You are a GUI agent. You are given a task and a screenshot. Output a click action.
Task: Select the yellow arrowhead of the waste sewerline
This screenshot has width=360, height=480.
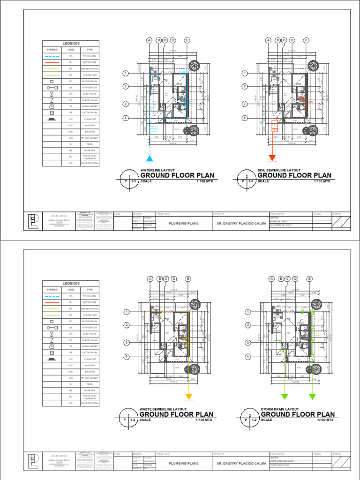[x=188, y=396]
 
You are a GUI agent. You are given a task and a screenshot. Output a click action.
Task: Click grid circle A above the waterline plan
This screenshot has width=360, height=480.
[x=150, y=40]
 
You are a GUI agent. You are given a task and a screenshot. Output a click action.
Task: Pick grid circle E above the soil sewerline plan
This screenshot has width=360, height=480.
[x=306, y=40]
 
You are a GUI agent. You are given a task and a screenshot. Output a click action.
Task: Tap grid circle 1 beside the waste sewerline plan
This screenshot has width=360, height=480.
[x=127, y=312]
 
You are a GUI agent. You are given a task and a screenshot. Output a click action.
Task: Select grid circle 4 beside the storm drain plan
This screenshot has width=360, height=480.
[x=246, y=357]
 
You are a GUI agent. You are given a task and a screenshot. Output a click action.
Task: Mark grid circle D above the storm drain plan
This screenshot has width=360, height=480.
[x=295, y=279]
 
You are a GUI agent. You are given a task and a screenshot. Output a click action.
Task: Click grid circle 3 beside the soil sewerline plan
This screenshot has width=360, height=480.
[x=245, y=104]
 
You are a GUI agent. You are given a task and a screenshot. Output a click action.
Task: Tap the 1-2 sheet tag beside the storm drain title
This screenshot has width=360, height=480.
[x=254, y=420]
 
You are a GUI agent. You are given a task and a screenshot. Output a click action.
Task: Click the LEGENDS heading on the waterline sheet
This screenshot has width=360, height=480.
[x=71, y=44]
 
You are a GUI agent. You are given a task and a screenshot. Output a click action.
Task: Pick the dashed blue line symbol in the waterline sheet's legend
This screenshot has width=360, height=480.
[x=52, y=56]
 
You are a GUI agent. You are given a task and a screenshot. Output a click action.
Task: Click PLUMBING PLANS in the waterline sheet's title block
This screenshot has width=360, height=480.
[x=183, y=223]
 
